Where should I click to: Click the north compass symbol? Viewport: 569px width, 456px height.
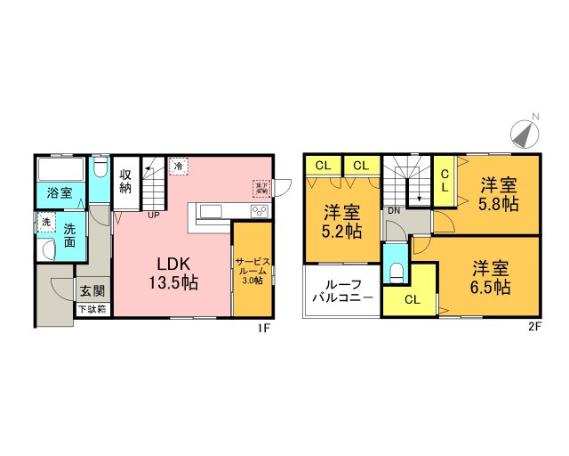525,132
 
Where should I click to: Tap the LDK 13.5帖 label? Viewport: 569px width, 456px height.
177,273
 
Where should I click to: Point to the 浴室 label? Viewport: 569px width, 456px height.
60,191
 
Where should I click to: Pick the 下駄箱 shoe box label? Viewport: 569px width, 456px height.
92,310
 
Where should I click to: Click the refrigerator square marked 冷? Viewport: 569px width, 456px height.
179,166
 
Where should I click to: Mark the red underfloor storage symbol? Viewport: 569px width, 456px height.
261,187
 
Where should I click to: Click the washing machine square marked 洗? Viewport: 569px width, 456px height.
44,222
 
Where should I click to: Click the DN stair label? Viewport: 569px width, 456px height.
392,210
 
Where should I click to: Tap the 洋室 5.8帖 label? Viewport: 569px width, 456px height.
500,194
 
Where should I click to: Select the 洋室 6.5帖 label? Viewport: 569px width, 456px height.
490,276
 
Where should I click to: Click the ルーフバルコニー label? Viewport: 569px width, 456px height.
341,291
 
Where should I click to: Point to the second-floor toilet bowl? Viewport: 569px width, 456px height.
397,270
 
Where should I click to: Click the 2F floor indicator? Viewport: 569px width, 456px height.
534,327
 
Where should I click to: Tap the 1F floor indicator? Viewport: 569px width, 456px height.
263,327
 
